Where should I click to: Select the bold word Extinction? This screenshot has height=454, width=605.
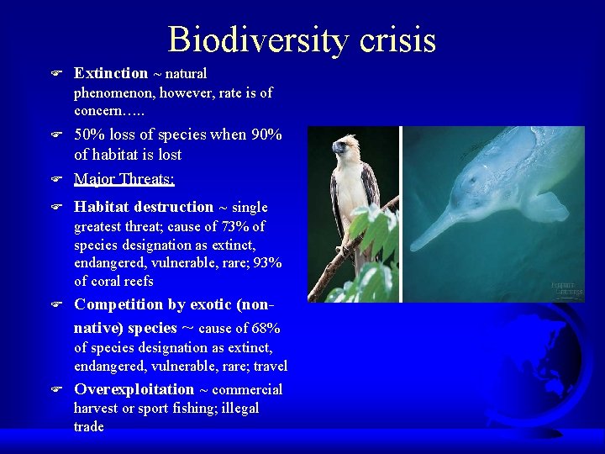[x=110, y=73]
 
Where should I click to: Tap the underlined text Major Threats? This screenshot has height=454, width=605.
[x=124, y=178]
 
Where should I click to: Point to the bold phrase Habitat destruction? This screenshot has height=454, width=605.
[x=144, y=207]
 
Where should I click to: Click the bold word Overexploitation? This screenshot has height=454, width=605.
[x=134, y=389]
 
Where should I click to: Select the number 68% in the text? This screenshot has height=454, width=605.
[x=265, y=328]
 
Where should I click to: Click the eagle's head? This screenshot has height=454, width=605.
[x=345, y=149]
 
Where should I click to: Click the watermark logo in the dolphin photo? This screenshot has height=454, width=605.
[x=566, y=288]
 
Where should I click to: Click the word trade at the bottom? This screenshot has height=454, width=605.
[x=89, y=426]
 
